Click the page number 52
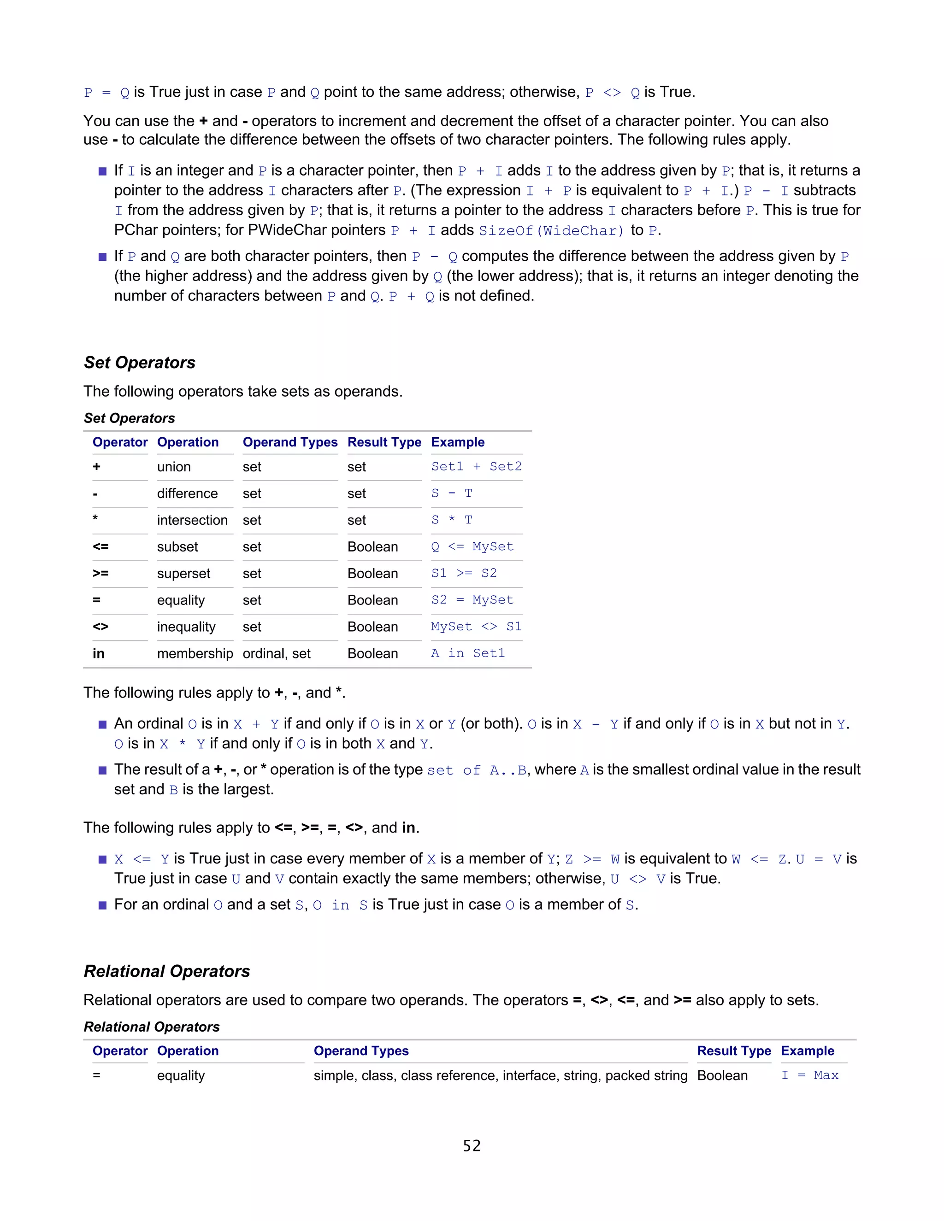(472, 1146)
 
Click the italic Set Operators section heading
(139, 362)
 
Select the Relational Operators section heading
(167, 971)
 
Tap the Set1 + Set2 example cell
(476, 466)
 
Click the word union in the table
(174, 467)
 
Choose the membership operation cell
(195, 653)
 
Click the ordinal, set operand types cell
(276, 653)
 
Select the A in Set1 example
(467, 653)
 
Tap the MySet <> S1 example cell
(476, 626)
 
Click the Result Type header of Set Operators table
(384, 442)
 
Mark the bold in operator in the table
(99, 653)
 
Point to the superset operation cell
(183, 574)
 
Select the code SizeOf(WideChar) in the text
(551, 230)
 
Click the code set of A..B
(477, 770)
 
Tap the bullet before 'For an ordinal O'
(102, 905)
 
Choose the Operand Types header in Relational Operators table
(361, 1051)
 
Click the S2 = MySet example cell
(472, 600)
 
